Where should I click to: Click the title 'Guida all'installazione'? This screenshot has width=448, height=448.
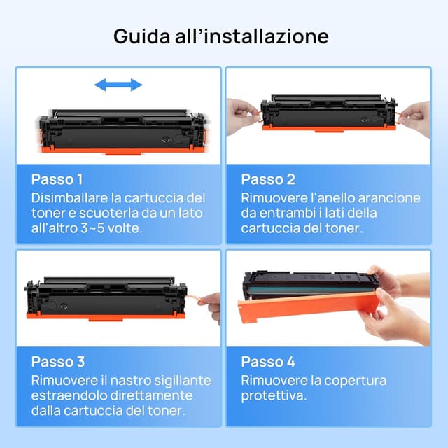coord(221,36)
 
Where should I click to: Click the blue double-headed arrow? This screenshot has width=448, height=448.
coord(118,85)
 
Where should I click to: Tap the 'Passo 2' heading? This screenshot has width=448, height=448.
coord(268,179)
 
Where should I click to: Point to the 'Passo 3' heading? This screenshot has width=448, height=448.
coord(58,362)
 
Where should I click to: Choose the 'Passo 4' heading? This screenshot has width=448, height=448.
coord(268,362)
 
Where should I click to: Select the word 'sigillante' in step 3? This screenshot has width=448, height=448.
coord(178,380)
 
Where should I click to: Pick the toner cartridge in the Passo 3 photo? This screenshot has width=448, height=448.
coord(105,297)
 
